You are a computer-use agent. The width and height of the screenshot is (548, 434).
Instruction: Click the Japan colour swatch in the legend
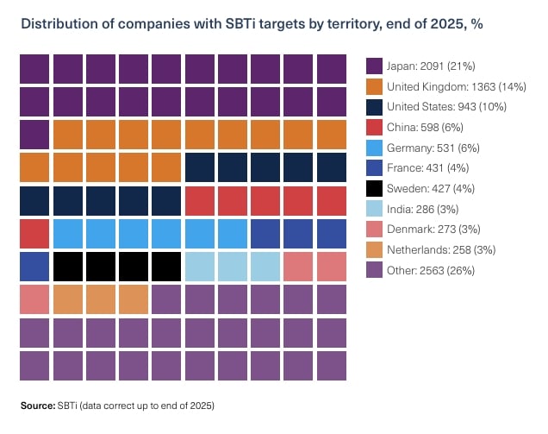pyautogui.click(x=374, y=66)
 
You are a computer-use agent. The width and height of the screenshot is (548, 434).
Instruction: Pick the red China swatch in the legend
pyautogui.click(x=374, y=127)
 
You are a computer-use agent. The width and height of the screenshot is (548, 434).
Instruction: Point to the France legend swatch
pyautogui.click(x=374, y=168)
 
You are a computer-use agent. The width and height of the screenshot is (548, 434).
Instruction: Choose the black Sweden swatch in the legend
pyautogui.click(x=374, y=188)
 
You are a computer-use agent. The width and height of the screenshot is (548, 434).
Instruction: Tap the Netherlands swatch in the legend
pyautogui.click(x=374, y=250)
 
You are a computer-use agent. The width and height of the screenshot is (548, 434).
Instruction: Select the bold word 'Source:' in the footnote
pyautogui.click(x=37, y=405)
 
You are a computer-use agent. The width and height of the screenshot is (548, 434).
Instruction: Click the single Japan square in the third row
pyautogui.click(x=34, y=134)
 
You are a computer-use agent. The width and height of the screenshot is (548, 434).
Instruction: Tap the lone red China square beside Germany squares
pyautogui.click(x=34, y=233)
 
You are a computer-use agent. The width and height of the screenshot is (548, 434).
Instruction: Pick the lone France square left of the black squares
pyautogui.click(x=34, y=266)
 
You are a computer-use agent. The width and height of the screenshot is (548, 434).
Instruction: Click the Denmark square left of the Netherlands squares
pyautogui.click(x=34, y=299)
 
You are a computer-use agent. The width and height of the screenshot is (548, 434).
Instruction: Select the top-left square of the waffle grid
pyautogui.click(x=34, y=68)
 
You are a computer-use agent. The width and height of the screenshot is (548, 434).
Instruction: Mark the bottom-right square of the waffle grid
pyautogui.click(x=331, y=365)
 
